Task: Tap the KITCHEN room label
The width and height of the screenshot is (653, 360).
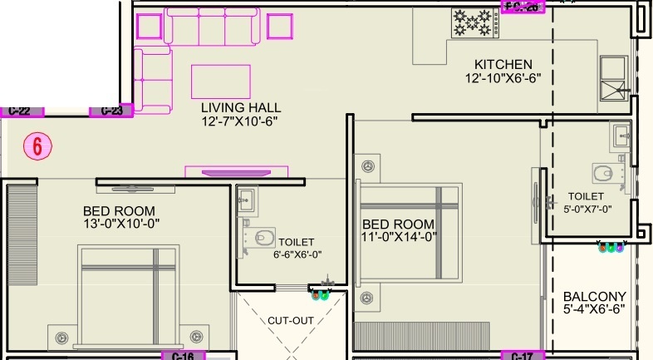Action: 503,65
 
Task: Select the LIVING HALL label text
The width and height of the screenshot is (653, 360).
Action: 241,108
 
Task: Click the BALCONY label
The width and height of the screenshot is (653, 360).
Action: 594,297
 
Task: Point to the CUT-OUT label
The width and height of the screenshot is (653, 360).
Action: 290,320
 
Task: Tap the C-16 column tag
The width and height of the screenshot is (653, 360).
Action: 182,356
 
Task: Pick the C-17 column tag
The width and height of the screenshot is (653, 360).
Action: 522,356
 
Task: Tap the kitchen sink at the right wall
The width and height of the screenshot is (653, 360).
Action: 616,80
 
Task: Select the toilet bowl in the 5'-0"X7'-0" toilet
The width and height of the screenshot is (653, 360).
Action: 603,174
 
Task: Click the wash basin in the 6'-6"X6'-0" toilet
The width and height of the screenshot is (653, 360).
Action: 245,199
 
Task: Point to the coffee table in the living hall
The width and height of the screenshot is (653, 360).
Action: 220,81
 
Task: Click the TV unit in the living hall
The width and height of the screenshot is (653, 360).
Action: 237,172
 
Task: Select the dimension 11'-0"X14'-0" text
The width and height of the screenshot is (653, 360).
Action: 397,236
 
